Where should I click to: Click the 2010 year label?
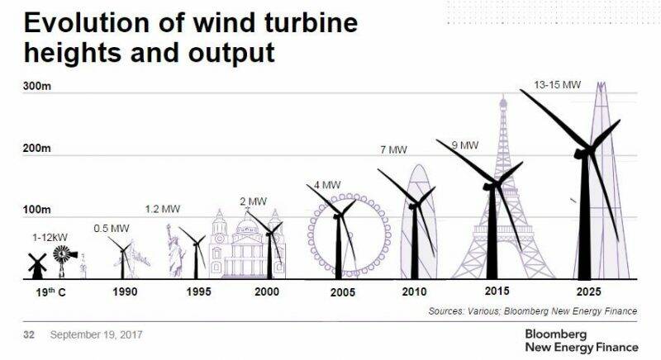click(x=413, y=292)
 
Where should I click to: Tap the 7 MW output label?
click(x=393, y=149)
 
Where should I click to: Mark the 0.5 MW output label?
click(x=111, y=228)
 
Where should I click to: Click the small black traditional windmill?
click(x=36, y=264)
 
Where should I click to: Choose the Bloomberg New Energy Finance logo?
click(x=580, y=340)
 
